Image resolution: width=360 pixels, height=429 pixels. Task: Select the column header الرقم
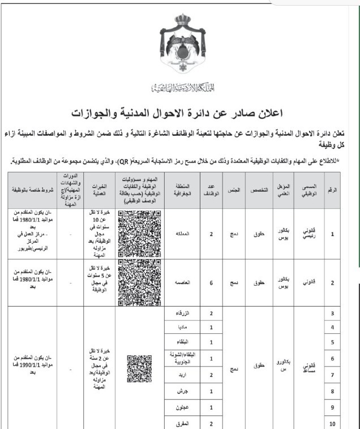(335, 190)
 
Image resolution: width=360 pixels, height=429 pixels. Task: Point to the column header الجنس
(233, 190)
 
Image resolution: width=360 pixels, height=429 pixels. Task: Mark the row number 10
(333, 423)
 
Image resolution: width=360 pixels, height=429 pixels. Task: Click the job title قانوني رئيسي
(311, 233)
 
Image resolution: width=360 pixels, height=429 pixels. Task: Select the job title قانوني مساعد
(311, 368)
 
